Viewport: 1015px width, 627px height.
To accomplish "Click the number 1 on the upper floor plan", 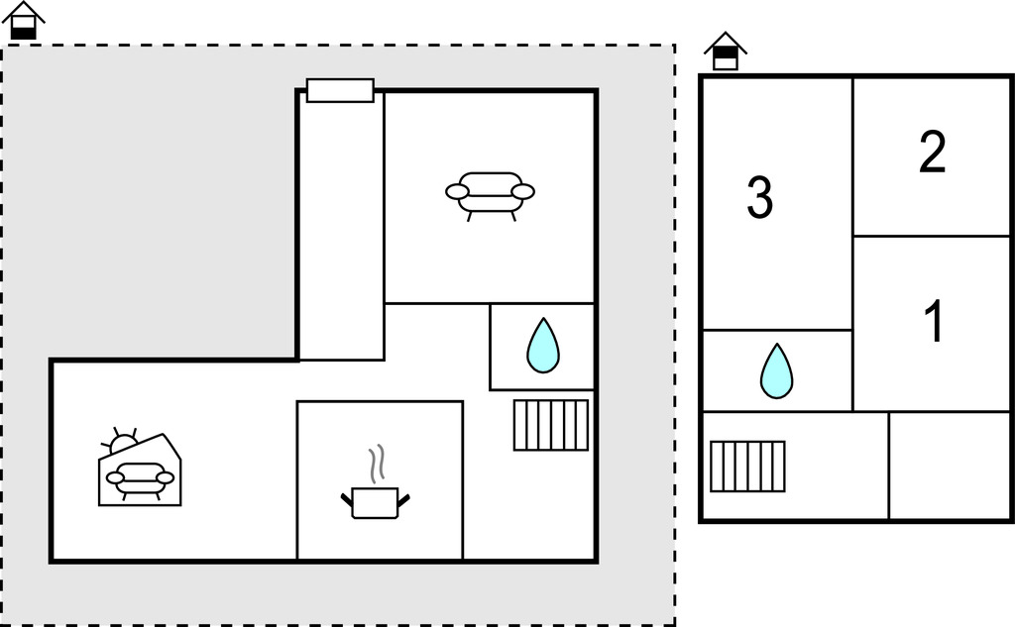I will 933,322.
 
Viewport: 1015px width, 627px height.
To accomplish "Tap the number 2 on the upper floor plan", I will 932,153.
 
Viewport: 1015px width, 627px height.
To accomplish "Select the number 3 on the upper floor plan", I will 759,198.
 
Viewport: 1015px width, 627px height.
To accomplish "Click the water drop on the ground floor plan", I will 542,345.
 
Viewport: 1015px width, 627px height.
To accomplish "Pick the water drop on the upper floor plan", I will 776,370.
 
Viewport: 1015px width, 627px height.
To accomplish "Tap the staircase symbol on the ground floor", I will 551,424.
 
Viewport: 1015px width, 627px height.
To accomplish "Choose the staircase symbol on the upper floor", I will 747,466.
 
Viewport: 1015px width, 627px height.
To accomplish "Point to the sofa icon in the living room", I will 490,193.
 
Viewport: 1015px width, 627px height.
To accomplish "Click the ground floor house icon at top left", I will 24,21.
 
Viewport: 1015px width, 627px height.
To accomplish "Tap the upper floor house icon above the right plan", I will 726,52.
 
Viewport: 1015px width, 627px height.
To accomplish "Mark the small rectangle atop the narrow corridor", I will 340,90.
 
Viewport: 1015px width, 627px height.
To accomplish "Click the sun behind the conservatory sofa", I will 123,442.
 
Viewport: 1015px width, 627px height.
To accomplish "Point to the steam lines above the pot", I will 376,463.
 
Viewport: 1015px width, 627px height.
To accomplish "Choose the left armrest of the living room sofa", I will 458,191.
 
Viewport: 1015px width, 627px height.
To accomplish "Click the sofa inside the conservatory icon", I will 140,478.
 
